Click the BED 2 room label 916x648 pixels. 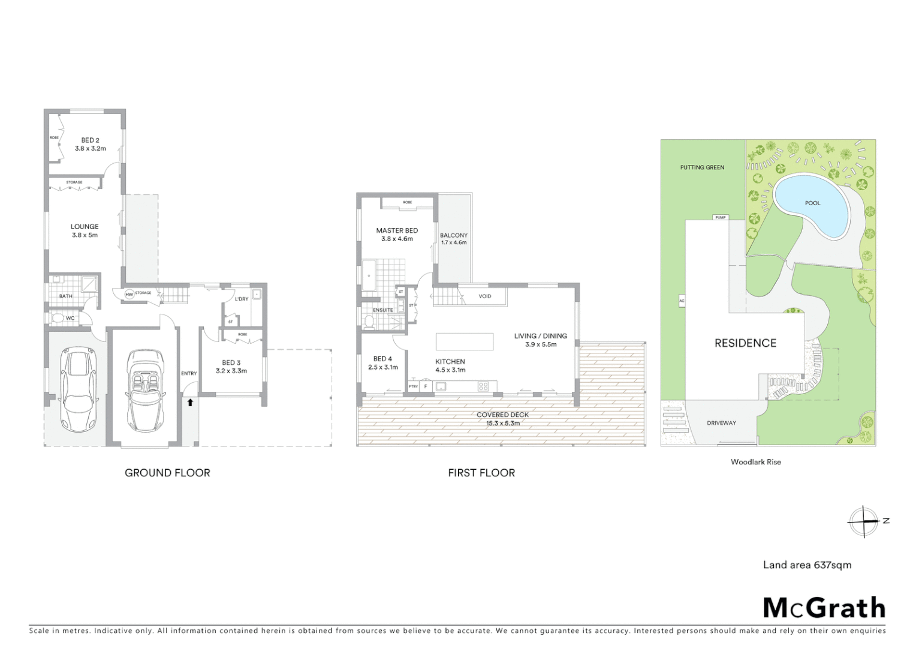[91, 140]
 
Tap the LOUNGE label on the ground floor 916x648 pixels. [85, 227]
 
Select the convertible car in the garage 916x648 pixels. [145, 390]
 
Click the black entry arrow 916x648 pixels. [190, 403]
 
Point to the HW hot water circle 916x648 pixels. [129, 294]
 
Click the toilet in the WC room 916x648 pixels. [58, 318]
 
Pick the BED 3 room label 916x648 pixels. [231, 362]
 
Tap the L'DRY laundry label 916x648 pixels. [242, 299]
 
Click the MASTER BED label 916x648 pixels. [397, 230]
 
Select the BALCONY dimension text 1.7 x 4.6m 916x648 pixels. [454, 242]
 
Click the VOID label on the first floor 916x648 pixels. [485, 296]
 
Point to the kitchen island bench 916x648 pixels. [465, 341]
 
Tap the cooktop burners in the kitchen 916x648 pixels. [483, 386]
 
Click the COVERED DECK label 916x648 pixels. [502, 415]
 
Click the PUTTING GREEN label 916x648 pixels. [702, 167]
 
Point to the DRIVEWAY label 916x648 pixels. [721, 423]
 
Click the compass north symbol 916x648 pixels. [864, 521]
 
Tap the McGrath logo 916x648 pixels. [824, 608]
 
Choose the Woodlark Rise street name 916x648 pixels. [755, 462]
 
